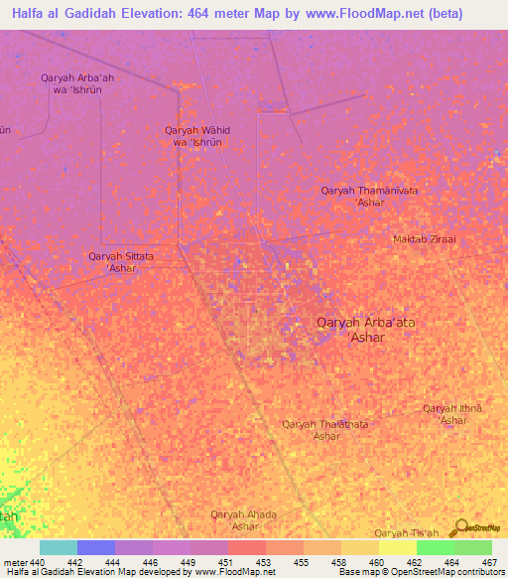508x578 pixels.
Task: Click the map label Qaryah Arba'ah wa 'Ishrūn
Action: pos(70,83)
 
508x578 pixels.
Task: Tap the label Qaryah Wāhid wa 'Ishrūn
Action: pos(197,136)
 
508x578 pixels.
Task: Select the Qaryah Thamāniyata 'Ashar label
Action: pos(370,196)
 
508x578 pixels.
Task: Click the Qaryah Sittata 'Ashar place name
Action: pos(121,262)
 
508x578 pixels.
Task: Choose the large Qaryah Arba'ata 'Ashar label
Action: pos(363,329)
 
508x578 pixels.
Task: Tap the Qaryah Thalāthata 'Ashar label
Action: pos(324,430)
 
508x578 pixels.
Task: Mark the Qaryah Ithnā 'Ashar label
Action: pos(452,414)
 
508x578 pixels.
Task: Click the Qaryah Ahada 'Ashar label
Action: pos(243,519)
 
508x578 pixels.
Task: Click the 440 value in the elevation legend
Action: pos(39,563)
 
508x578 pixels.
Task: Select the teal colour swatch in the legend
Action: pos(59,547)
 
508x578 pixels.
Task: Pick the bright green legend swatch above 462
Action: pos(435,547)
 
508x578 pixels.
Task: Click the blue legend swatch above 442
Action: pos(96,547)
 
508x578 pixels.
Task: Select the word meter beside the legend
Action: pos(15,563)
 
